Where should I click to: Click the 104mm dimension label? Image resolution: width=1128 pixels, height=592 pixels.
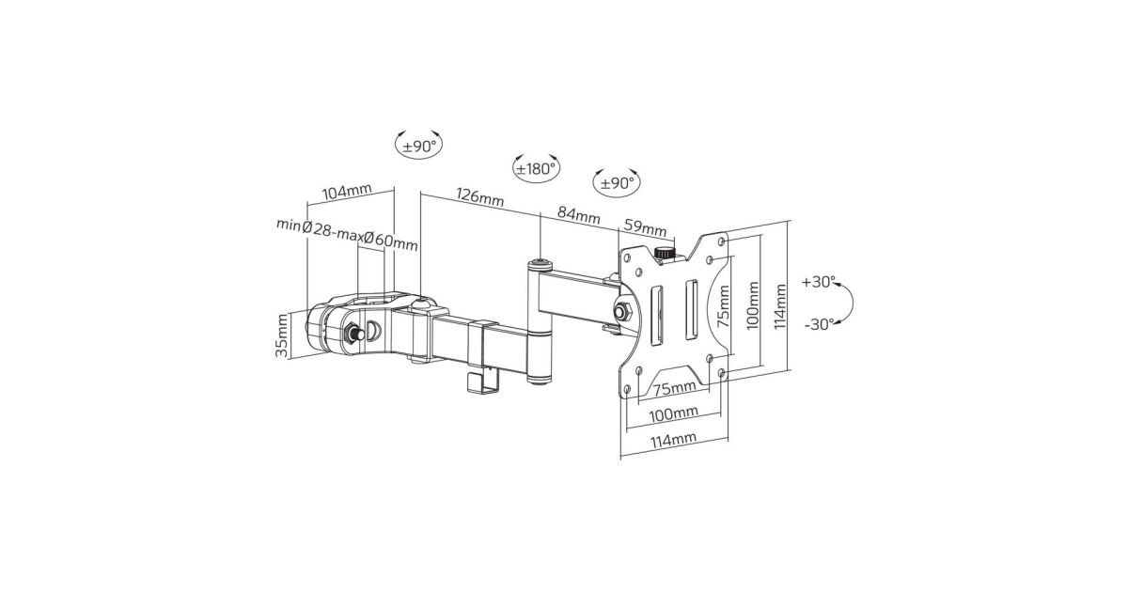[x=347, y=192]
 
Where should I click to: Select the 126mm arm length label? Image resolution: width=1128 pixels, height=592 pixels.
[x=480, y=196]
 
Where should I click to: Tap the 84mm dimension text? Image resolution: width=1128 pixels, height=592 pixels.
[x=579, y=215]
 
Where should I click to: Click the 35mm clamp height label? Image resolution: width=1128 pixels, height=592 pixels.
[x=282, y=335]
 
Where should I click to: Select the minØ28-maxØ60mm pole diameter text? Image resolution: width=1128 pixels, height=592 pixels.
[x=347, y=235]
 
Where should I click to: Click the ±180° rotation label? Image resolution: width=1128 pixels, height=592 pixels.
[x=537, y=168]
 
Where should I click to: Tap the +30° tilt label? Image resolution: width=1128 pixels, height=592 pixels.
[x=819, y=282]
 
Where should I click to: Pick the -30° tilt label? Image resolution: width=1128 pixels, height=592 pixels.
[x=820, y=325]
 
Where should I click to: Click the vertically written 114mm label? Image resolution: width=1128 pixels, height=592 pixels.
[x=779, y=306]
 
